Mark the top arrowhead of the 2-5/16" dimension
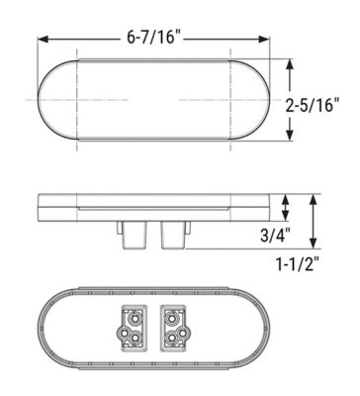pyautogui.click(x=290, y=62)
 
